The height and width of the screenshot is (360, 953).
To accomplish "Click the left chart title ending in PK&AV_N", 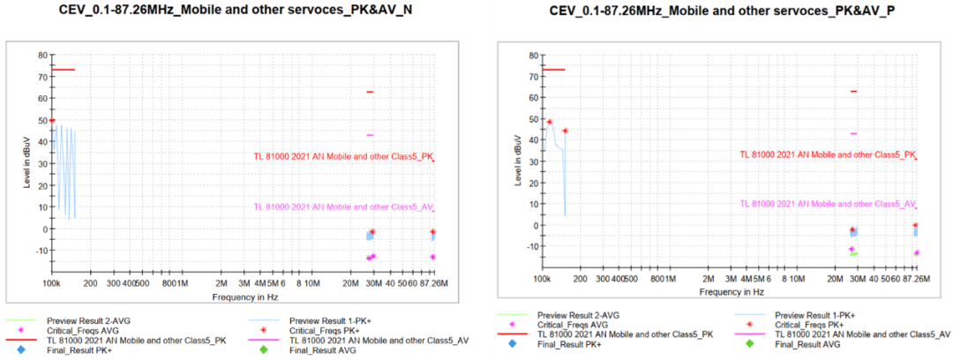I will [x=235, y=11].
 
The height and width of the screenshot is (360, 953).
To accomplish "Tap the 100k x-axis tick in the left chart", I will [x=51, y=283].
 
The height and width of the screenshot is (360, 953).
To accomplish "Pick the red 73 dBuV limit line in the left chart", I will [x=63, y=69].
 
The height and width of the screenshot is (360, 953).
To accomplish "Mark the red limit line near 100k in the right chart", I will [x=554, y=69].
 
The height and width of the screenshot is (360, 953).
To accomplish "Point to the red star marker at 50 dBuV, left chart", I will [x=52, y=121].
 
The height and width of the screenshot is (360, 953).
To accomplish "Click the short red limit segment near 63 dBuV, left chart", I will [x=371, y=92].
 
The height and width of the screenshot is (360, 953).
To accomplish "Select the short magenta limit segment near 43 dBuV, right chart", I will [x=853, y=133].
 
